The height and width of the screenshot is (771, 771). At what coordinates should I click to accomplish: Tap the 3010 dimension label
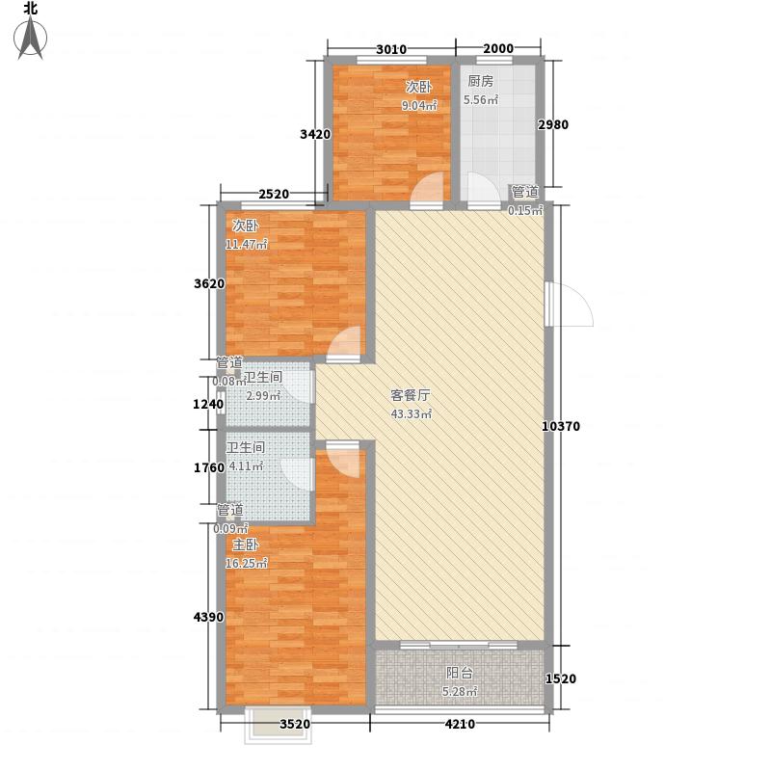pos(390,50)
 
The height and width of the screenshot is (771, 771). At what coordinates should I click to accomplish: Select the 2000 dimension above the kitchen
pos(498,50)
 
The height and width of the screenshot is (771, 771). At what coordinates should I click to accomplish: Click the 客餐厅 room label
pos(410,395)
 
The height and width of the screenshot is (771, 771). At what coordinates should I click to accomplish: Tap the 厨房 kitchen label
pos(481,82)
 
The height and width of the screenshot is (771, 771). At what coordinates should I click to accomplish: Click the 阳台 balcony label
pos(460,673)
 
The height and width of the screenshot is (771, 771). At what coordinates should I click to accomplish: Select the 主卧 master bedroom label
pos(244,545)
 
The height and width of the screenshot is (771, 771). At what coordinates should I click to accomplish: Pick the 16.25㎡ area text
pos(246,564)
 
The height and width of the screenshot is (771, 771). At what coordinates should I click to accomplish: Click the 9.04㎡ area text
pos(419,105)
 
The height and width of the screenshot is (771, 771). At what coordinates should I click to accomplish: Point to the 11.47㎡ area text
pos(246,244)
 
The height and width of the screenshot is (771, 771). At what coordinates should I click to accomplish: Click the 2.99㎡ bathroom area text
pos(262,396)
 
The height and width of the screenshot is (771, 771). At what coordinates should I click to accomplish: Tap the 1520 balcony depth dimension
pos(561,679)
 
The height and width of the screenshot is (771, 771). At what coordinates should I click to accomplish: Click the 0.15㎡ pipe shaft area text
pos(525,210)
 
